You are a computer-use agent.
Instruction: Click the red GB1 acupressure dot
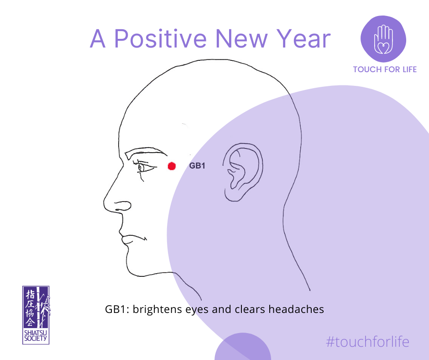[x=172, y=166]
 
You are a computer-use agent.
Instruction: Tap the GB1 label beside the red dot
[x=197, y=166]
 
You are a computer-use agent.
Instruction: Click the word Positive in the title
[x=160, y=39]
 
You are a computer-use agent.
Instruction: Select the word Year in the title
[x=303, y=39]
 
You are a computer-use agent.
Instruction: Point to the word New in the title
[x=241, y=39]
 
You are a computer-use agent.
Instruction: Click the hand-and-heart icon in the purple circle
[x=383, y=39]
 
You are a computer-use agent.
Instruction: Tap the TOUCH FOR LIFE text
[x=385, y=69]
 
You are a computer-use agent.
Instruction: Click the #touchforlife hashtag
[x=367, y=342]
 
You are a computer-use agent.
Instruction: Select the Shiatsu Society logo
[x=36, y=315]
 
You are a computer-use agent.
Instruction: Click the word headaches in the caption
[x=296, y=309]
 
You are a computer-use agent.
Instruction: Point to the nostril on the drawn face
[x=123, y=206]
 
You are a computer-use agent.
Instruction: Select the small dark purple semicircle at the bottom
[x=243, y=346]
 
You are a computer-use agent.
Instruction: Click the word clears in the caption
[x=250, y=309]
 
